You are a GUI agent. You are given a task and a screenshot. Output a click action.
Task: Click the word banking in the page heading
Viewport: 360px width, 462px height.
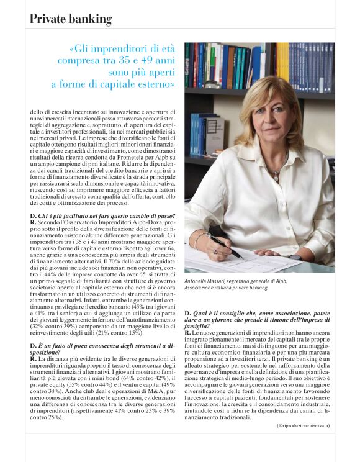coord(89,19)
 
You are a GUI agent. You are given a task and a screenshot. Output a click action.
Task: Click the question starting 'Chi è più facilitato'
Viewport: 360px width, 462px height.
coord(103,215)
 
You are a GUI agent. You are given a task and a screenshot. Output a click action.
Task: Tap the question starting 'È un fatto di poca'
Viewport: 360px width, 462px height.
coord(99,346)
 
